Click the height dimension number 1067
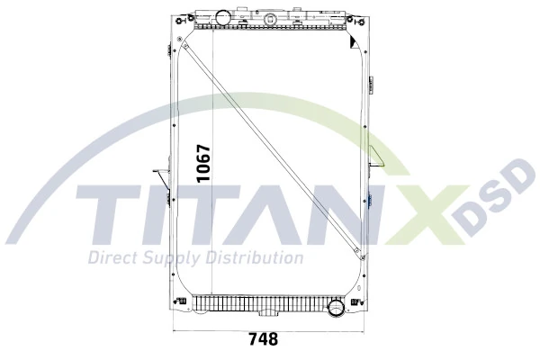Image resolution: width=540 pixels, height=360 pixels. coord(204,163)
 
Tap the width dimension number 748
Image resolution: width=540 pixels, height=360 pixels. coord(262,340)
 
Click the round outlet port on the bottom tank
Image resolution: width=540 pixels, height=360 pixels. coord(337,308)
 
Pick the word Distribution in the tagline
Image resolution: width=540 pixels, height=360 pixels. coord(256,258)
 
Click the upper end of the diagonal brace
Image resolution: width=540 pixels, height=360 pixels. coord(184,37)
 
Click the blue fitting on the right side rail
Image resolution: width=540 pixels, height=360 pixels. coord(370,200)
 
